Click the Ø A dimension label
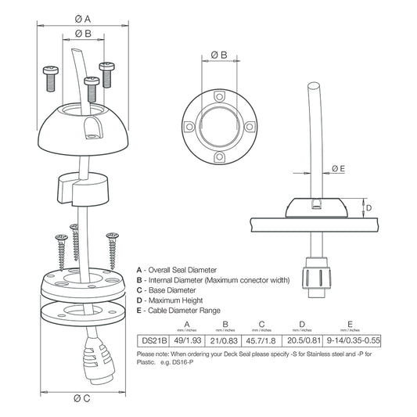pyautogui.click(x=83, y=18)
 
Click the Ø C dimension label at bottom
pyautogui.click(x=83, y=400)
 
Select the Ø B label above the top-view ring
pyautogui.click(x=219, y=55)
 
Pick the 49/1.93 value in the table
pyautogui.click(x=186, y=341)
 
